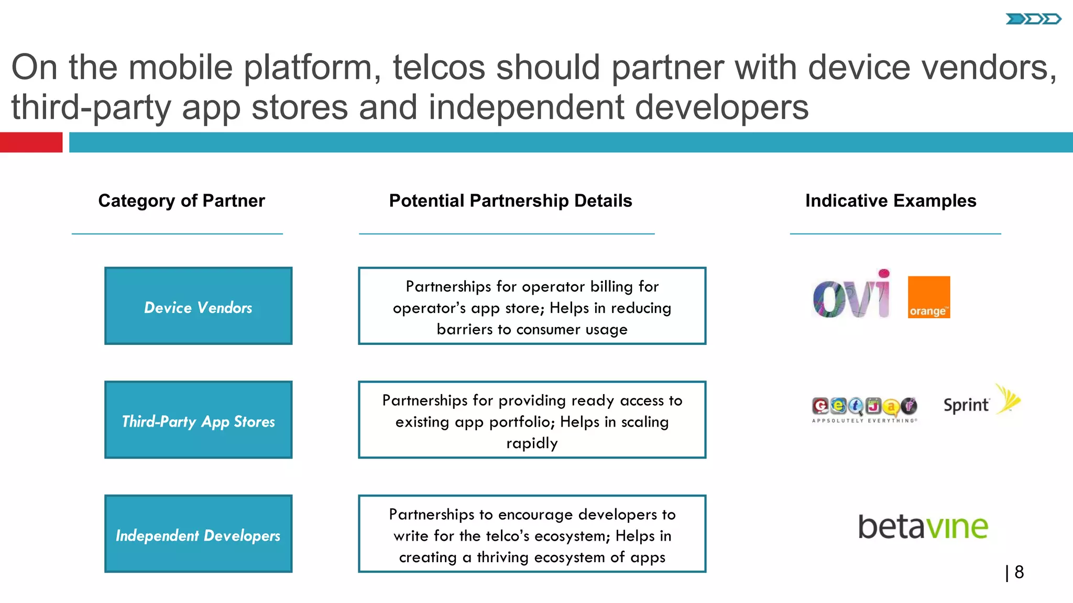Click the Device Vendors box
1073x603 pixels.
click(x=198, y=306)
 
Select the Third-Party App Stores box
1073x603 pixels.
click(x=198, y=420)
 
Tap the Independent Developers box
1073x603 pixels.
click(x=198, y=534)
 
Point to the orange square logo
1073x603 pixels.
click(x=928, y=297)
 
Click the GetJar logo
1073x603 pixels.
click(x=864, y=408)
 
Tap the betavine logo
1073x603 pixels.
click(x=923, y=526)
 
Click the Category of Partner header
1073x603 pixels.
click(x=181, y=201)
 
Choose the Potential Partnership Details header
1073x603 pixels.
click(x=510, y=201)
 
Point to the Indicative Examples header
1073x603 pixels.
click(x=891, y=201)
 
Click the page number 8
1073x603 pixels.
click(x=1019, y=572)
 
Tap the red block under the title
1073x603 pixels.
click(x=31, y=142)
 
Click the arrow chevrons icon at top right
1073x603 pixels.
click(x=1033, y=19)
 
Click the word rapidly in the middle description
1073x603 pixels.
click(x=532, y=443)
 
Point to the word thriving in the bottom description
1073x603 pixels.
click(x=502, y=557)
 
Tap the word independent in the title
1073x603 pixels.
click(x=527, y=107)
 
